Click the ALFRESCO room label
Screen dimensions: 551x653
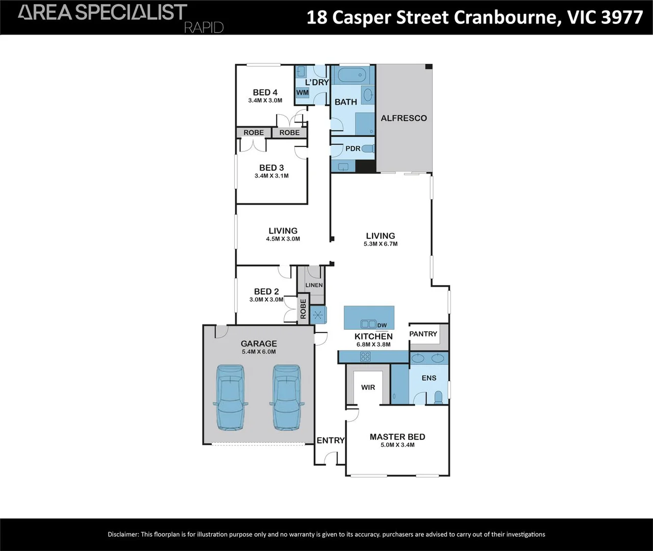[x=404, y=118]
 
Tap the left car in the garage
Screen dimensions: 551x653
[x=230, y=397]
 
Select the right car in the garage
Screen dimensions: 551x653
[x=287, y=397]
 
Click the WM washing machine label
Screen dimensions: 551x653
[x=303, y=92]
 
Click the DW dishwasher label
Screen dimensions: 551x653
[x=382, y=325]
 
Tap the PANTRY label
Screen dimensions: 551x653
[x=423, y=334]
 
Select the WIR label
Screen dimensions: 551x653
[x=368, y=387]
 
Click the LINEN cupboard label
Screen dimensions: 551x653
[x=314, y=285]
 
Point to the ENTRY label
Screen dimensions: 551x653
[x=331, y=440]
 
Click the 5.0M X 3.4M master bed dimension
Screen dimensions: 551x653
[x=397, y=445]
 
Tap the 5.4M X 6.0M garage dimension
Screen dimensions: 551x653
[x=259, y=352]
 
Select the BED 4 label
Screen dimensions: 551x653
[x=265, y=92]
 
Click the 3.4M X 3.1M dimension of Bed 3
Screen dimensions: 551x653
[x=271, y=176]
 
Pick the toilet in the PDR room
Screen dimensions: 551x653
[x=368, y=148]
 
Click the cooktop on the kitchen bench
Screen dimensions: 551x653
[x=365, y=357]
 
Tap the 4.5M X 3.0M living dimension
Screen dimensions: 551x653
[x=283, y=239]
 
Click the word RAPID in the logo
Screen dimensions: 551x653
[x=204, y=27]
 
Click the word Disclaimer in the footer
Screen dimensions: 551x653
[x=122, y=534]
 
